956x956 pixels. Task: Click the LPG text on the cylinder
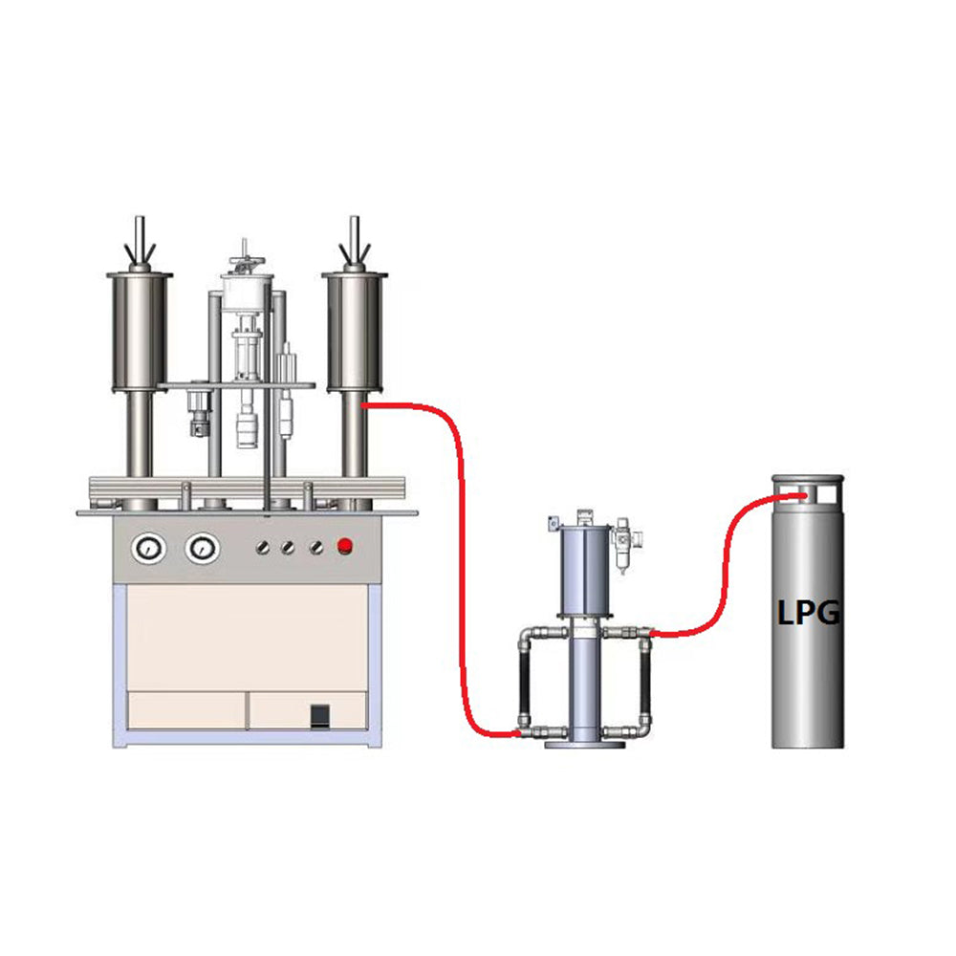tap(809, 612)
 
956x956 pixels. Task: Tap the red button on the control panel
tap(345, 546)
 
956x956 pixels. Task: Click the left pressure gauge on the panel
tap(149, 549)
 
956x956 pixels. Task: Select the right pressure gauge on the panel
tap(203, 549)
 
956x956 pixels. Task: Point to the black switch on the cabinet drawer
tap(320, 716)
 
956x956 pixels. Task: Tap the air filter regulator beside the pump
tap(623, 546)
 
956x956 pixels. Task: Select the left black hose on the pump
tap(524, 683)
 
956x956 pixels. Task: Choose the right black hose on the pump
tap(645, 683)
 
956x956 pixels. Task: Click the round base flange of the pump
tap(585, 744)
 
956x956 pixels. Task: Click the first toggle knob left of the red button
tap(315, 548)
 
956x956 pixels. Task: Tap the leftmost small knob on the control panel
tap(263, 548)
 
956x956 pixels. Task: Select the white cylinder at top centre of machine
tap(247, 293)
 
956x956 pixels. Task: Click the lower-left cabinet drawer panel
tap(186, 710)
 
